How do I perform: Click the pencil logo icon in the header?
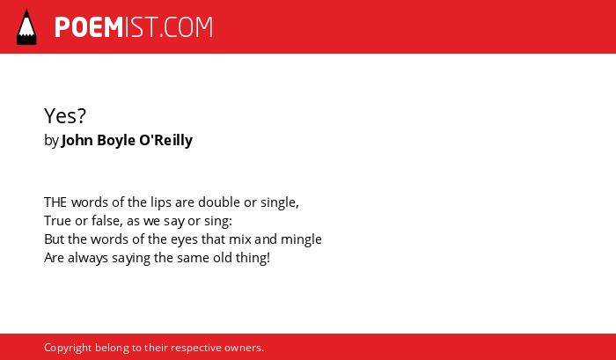click(x=26, y=27)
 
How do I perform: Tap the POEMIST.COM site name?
click(x=134, y=27)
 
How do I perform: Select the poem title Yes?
click(x=65, y=115)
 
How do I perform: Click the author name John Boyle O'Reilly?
click(x=127, y=140)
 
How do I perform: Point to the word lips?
click(x=161, y=202)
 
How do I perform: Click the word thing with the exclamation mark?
click(x=253, y=259)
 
